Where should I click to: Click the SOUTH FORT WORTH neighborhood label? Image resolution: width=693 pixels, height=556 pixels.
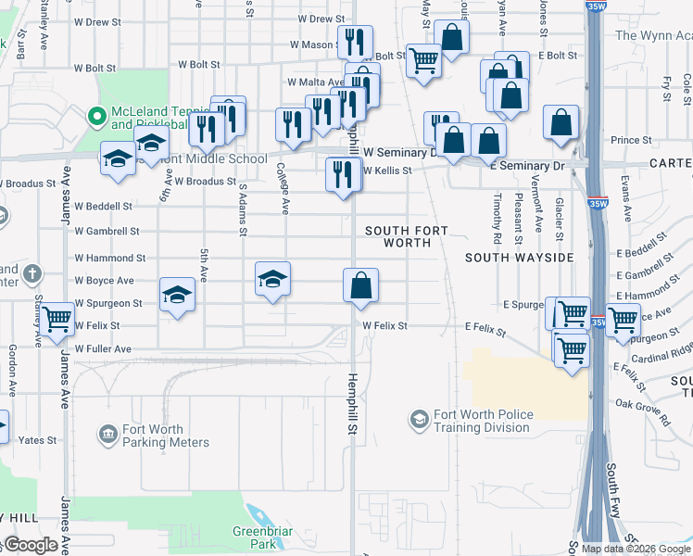406,236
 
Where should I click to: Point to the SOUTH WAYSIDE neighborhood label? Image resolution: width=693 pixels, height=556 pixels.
519,257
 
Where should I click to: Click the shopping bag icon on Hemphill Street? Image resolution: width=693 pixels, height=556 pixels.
360,285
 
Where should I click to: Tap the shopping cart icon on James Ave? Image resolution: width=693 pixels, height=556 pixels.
57,319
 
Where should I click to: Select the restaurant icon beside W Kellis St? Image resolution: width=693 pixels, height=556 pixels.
343,174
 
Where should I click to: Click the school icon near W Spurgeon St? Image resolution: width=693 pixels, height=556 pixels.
176,295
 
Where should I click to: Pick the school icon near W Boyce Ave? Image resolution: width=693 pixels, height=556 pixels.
272,279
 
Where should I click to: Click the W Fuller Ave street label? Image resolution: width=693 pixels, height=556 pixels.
104,349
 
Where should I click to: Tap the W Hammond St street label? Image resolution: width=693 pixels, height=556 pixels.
109,259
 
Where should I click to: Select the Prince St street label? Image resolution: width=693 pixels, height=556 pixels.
631,141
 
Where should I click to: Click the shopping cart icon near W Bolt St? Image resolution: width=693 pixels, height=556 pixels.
424,61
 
